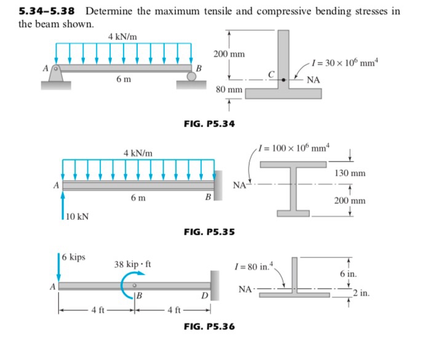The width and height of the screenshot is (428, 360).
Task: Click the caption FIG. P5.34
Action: point(209,124)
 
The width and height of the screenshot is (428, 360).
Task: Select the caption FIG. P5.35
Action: point(209,232)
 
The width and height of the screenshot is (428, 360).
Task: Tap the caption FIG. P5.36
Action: point(209,326)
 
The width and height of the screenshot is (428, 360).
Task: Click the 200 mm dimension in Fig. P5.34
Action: point(229,54)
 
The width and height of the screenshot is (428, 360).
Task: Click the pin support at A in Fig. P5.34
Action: point(56,72)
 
